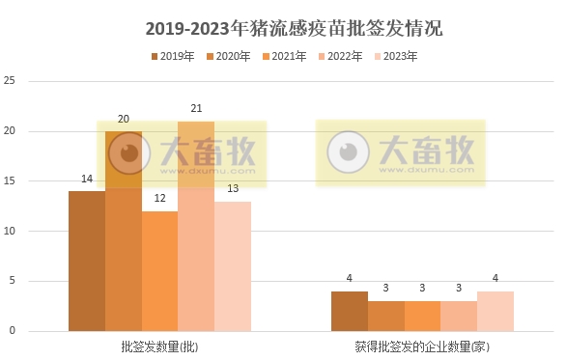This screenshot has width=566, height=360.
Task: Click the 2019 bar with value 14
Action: click(87, 261)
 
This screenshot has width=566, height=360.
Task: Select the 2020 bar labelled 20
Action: click(124, 232)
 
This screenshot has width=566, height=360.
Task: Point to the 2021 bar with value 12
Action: click(160, 271)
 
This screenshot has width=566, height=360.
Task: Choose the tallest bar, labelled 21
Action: click(196, 227)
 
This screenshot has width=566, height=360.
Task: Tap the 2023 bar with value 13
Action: click(233, 266)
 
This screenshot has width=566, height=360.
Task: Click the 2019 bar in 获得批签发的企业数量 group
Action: click(350, 311)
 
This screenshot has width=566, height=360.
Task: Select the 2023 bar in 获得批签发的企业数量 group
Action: click(495, 311)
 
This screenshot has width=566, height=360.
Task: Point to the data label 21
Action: click(196, 108)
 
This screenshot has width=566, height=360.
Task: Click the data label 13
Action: click(233, 188)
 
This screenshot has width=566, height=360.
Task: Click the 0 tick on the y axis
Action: click(13, 331)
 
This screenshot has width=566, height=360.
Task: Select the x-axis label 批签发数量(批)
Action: click(160, 346)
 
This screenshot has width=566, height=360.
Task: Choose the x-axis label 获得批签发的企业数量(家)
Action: click(422, 346)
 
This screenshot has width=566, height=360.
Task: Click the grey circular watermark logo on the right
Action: click(348, 152)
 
